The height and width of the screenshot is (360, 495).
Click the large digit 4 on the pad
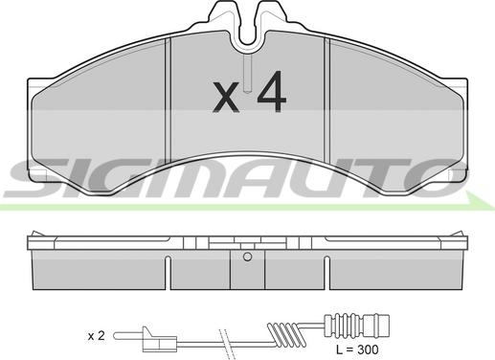click(272, 91)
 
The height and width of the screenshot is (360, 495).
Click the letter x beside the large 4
click(226, 97)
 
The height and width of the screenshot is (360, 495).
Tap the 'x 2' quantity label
click(96, 336)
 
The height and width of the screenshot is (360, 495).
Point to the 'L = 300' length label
click(357, 349)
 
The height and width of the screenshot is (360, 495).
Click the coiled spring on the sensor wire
click(286, 334)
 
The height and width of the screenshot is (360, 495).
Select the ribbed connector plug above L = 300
click(357, 326)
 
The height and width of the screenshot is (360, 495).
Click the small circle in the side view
click(247, 257)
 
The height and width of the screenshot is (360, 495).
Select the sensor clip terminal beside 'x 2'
click(159, 341)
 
